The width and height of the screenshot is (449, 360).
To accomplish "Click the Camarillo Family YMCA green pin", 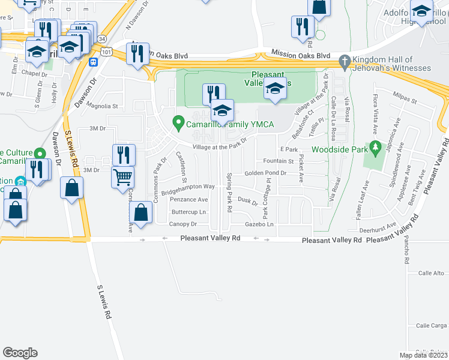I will click(x=178, y=123).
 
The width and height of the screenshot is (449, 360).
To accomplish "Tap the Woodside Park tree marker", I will click(x=375, y=146).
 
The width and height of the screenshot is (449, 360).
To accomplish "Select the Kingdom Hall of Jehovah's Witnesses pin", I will click(x=344, y=61).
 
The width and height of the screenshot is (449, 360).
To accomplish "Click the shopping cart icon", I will click(x=123, y=176).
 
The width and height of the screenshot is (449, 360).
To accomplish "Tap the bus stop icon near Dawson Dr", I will click(x=94, y=61).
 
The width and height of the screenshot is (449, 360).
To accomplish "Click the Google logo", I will click(x=20, y=353).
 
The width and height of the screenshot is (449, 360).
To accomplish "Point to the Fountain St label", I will click(x=279, y=161).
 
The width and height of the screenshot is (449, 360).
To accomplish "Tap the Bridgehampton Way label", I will click(x=192, y=187).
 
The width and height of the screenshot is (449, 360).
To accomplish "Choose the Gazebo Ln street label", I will click(x=259, y=224).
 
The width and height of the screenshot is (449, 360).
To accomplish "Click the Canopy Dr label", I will click(x=184, y=224).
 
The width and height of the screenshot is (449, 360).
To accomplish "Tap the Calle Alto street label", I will click(x=430, y=273).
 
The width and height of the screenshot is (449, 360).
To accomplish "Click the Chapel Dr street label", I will click(x=34, y=74).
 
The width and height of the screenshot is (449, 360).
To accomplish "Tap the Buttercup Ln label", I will click(x=188, y=212).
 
